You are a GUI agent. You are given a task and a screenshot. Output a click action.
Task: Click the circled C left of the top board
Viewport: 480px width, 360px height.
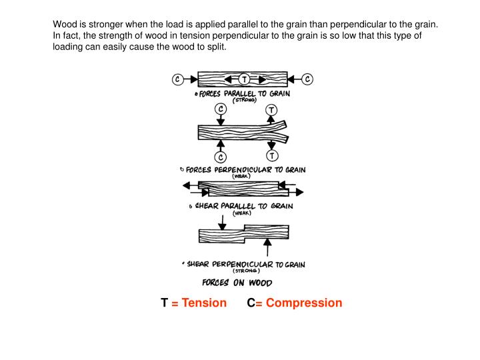point(178,79)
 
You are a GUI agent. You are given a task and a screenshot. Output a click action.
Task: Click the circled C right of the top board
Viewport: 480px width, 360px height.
point(307,79)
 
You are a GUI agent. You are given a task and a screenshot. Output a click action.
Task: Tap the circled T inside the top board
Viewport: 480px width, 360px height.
point(244,79)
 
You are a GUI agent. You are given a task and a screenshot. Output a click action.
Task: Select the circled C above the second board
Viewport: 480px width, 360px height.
point(220,108)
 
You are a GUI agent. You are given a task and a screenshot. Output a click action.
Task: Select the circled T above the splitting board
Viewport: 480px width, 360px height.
point(271,109)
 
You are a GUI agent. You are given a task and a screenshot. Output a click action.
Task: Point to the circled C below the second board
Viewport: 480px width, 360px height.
point(220,157)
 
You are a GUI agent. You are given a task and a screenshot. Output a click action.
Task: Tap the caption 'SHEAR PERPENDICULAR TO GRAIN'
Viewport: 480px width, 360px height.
point(245,264)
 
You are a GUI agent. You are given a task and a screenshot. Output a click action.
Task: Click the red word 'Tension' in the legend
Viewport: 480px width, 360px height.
point(204,303)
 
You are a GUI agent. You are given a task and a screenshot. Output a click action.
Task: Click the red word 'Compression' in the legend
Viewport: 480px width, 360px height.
point(304,303)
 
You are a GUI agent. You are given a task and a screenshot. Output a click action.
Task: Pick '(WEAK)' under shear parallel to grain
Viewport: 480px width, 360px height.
point(241,214)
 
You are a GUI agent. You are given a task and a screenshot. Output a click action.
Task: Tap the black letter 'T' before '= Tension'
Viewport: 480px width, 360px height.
point(164,303)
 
